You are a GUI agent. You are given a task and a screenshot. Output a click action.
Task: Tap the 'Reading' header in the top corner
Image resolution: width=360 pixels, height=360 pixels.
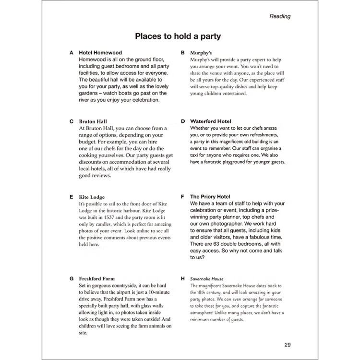280,16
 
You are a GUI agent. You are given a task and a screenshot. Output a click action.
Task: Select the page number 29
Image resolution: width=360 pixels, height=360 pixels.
288,344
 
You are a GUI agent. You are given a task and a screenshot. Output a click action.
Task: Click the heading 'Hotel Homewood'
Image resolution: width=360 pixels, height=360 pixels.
100,53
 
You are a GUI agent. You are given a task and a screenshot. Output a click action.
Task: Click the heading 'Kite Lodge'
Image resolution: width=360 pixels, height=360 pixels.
91,197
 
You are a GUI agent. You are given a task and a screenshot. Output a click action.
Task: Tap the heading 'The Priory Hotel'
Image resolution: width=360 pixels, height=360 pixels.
210,197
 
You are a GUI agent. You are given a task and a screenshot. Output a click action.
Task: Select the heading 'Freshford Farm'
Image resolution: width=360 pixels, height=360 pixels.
96,278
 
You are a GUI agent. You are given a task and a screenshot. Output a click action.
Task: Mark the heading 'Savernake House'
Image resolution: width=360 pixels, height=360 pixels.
207,278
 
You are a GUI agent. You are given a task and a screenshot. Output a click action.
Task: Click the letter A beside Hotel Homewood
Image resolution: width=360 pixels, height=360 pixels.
72,53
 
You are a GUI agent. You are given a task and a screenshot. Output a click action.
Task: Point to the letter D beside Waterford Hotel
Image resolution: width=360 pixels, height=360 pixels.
183,121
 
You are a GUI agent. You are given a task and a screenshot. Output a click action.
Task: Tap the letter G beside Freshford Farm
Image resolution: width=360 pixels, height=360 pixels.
72,278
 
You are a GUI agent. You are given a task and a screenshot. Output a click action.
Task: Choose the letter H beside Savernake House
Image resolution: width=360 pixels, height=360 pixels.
183,278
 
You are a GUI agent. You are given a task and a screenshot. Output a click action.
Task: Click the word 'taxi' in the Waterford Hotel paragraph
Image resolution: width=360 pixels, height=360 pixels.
197,162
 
